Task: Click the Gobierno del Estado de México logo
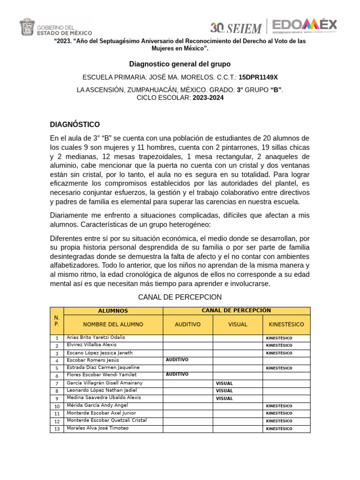pyautogui.click(x=55, y=27)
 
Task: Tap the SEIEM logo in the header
pyautogui.click(x=236, y=27)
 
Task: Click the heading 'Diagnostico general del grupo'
pyautogui.click(x=180, y=64)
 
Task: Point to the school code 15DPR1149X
pyautogui.click(x=258, y=77)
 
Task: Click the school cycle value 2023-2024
pyautogui.click(x=208, y=98)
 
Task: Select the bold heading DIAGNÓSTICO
pyautogui.click(x=75, y=124)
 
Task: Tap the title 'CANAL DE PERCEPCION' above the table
pyautogui.click(x=180, y=297)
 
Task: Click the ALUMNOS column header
pyautogui.click(x=113, y=311)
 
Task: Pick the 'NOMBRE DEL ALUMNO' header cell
pyautogui.click(x=113, y=324)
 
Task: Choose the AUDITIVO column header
pyautogui.click(x=187, y=324)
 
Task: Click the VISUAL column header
pyautogui.click(x=238, y=324)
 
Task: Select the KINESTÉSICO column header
pyautogui.click(x=286, y=324)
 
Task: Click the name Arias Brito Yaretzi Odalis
pyautogui.click(x=96, y=337)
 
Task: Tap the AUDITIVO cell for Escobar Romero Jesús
pyautogui.click(x=177, y=360)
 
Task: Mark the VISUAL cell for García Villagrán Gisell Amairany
pyautogui.click(x=224, y=383)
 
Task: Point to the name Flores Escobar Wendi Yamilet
pyautogui.click(x=102, y=375)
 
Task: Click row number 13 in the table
pyautogui.click(x=57, y=429)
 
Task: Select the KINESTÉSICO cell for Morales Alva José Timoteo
pyautogui.click(x=279, y=429)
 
